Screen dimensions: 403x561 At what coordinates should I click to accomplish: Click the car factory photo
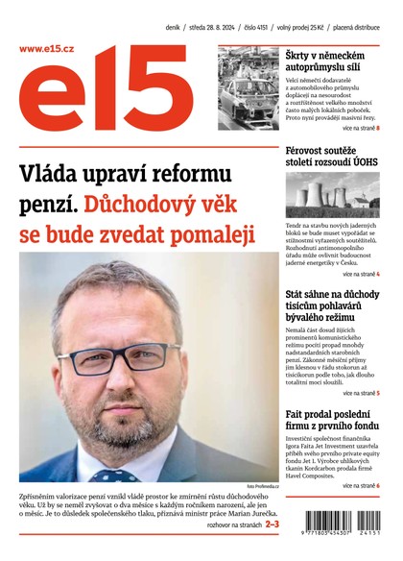click(248, 88)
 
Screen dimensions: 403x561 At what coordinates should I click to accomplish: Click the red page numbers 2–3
click(273, 524)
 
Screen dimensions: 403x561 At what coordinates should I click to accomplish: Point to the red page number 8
click(378, 127)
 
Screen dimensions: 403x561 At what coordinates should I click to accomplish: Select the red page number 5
click(378, 394)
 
